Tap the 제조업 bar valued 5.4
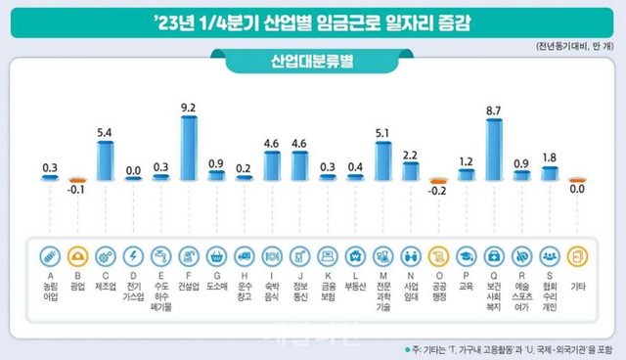[x=106, y=159]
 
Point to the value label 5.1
[x=383, y=133]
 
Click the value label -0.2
[x=439, y=192]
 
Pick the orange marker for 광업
[x=77, y=179]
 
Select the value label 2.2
[x=411, y=155]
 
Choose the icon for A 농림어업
[x=49, y=255]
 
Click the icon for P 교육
[x=468, y=255]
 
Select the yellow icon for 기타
[x=578, y=255]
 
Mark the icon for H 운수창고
[x=245, y=255]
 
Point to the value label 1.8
[x=550, y=157]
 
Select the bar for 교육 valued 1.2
[x=468, y=174]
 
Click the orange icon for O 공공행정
[x=439, y=255]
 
